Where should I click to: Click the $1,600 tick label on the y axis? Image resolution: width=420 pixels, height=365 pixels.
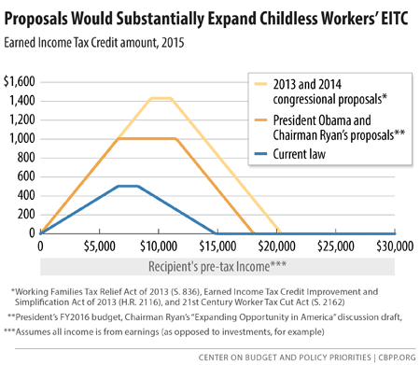[20, 81]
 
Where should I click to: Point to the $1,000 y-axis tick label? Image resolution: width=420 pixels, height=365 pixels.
[20, 138]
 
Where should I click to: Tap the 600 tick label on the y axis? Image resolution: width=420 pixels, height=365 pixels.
[25, 176]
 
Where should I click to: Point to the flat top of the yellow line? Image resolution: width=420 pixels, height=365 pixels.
[160, 98]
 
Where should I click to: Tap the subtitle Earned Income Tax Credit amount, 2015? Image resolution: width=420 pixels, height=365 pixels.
[105, 42]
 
